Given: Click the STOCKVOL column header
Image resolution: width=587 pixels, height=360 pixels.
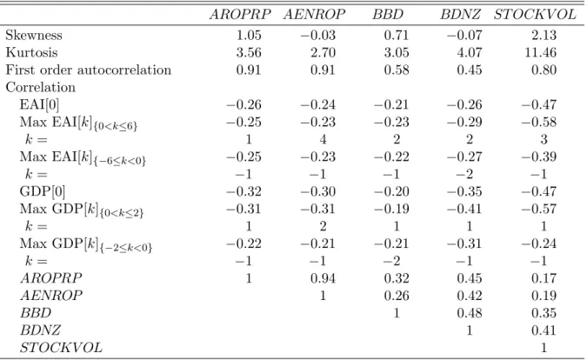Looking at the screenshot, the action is (x=535, y=14).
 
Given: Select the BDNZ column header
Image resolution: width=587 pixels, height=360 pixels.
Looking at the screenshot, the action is (x=460, y=14).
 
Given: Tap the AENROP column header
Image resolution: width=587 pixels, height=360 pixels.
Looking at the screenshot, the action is (x=315, y=14).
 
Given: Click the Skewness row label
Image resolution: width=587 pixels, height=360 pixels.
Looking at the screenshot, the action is (x=34, y=35).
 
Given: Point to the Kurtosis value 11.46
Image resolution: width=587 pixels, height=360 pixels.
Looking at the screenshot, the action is (x=540, y=52).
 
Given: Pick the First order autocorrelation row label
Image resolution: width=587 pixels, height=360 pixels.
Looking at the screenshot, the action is (x=89, y=70).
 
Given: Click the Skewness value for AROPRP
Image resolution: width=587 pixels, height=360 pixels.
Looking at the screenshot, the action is (x=249, y=35).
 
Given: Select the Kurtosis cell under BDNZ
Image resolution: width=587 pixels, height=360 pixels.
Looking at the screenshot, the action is (x=470, y=52).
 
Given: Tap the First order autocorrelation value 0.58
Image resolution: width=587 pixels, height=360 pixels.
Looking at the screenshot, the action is (x=397, y=70).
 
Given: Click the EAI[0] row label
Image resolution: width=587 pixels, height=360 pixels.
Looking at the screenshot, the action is (x=39, y=104).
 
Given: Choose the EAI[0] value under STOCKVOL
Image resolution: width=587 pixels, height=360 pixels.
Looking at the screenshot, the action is (x=539, y=104).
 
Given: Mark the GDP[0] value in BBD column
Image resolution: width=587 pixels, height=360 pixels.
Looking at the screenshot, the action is (x=391, y=191).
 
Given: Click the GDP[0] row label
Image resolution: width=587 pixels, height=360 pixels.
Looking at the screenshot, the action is (x=43, y=191).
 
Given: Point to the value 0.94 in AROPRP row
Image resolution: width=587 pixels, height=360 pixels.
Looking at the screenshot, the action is (x=323, y=278).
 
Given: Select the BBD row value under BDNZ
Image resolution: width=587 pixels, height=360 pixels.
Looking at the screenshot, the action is (x=470, y=313).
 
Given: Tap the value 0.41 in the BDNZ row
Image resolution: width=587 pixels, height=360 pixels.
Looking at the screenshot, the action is (x=544, y=330).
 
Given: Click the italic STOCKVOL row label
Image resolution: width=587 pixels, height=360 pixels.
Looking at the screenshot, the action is (x=61, y=348).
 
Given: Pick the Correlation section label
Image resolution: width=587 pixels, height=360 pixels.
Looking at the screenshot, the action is (x=40, y=87).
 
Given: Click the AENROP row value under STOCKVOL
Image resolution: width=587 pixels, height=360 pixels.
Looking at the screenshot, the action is (x=544, y=296).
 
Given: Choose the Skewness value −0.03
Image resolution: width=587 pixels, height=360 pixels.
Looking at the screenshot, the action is (x=317, y=35).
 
